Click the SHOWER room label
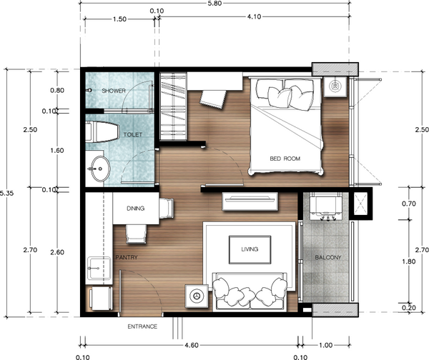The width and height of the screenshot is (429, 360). (114, 91)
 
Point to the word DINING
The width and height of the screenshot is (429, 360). (136, 209)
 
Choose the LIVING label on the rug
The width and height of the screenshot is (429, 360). (250, 249)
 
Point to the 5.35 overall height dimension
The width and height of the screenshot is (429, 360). (6, 193)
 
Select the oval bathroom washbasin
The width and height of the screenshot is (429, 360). (100, 171)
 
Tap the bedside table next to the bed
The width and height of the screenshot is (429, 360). (335, 87)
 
